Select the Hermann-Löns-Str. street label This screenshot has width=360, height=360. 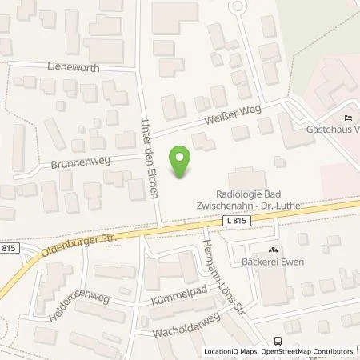[x=210, y=273]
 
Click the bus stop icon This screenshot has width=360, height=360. [x=277, y=339]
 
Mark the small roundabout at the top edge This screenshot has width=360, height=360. [x=236, y=7]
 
